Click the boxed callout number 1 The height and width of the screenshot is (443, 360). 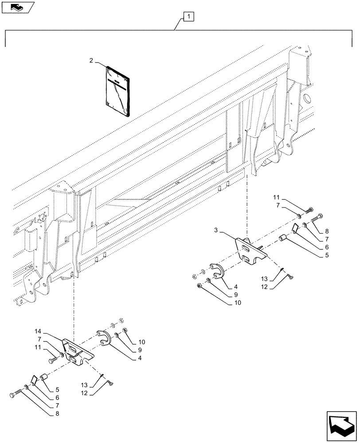(x=188, y=17)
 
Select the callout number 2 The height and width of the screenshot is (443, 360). (x=91, y=61)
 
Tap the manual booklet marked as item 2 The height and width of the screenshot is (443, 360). (x=118, y=91)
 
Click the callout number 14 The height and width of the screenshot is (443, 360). (x=38, y=331)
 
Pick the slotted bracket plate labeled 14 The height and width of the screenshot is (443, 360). (x=78, y=353)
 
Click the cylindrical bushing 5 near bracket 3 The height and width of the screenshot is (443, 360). (x=283, y=240)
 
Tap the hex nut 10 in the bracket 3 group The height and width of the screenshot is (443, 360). (x=199, y=287)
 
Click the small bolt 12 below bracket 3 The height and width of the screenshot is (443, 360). (x=290, y=276)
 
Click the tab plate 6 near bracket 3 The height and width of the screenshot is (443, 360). (x=294, y=228)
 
